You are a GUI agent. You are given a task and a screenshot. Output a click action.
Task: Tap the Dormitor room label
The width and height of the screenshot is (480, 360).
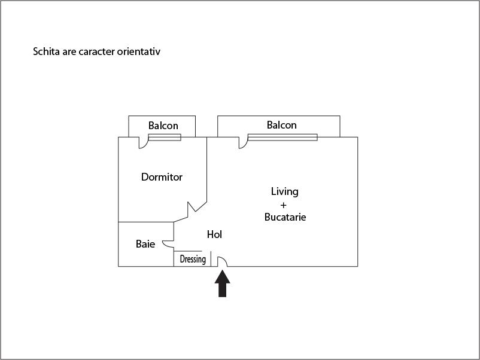pyautogui.click(x=162, y=177)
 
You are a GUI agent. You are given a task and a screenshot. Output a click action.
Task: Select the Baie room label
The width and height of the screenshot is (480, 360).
pyautogui.click(x=145, y=244)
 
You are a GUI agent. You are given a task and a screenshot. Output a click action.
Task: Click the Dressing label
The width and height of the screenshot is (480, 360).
pyautogui.click(x=193, y=259)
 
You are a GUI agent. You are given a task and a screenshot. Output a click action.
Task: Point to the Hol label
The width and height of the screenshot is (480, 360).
pyautogui.click(x=214, y=234)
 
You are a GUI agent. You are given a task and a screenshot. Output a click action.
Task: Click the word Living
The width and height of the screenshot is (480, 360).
pyautogui.click(x=284, y=191)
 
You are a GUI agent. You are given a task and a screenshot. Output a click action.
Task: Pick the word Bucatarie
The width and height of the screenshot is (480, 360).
pyautogui.click(x=285, y=217)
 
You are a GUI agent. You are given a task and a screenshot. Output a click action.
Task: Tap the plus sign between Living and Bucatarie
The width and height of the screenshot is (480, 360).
pyautogui.click(x=284, y=205)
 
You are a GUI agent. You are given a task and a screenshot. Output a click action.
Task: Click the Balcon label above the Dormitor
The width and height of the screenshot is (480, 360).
pyautogui.click(x=163, y=126)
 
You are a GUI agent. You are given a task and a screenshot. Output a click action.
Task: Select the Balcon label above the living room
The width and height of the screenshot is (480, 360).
pyautogui.click(x=282, y=125)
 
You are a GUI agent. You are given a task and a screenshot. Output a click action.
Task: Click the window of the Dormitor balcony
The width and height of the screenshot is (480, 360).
pyautogui.click(x=165, y=138)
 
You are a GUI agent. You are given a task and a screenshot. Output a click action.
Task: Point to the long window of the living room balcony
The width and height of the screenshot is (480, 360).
pyautogui.click(x=282, y=138)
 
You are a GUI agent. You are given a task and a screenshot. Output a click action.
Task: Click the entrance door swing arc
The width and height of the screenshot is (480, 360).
pyautogui.click(x=222, y=261)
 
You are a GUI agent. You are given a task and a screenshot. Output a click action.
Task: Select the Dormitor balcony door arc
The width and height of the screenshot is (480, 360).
pyautogui.click(x=144, y=144)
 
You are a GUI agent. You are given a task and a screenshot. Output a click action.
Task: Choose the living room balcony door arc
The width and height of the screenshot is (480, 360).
pyautogui.click(x=243, y=144)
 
